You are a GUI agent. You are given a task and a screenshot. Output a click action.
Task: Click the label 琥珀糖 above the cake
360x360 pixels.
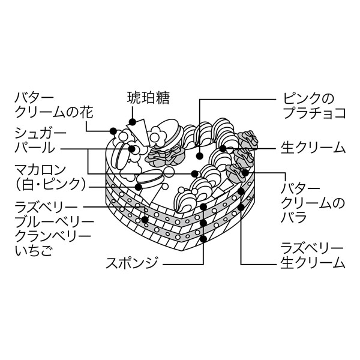point(148,98)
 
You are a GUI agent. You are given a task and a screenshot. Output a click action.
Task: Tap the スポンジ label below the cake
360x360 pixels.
point(132,263)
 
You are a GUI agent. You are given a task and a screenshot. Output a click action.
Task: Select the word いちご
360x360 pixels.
point(32,250)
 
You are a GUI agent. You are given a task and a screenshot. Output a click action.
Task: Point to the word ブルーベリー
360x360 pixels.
point(55,222)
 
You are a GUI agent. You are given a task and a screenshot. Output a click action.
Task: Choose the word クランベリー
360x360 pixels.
point(53,236)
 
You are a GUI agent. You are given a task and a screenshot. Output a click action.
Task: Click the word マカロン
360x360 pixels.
point(40,170)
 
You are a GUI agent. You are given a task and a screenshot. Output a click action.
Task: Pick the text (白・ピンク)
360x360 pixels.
point(51,184)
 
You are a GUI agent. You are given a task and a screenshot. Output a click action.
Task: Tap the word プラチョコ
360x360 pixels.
point(314,112)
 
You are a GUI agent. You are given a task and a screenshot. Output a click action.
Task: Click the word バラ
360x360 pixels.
point(293,217)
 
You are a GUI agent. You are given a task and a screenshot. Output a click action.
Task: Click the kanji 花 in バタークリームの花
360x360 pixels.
point(86,112)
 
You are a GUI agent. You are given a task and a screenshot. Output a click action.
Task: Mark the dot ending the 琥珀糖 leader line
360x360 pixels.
point(132,122)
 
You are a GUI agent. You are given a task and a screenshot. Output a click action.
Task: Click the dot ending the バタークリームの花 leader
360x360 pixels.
point(113,131)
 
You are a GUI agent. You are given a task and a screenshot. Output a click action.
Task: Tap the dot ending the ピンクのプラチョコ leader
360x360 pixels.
point(200,156)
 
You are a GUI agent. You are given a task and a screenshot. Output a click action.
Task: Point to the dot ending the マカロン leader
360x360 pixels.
point(139,187)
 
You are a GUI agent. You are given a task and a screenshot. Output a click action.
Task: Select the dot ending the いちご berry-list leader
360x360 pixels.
point(145,220)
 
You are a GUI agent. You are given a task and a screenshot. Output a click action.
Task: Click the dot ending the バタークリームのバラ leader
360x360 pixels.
point(245,173)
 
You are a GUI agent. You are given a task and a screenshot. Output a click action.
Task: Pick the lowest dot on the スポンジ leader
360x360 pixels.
point(203,239)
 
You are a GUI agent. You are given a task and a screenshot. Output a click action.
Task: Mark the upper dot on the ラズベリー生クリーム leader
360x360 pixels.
point(241,191)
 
